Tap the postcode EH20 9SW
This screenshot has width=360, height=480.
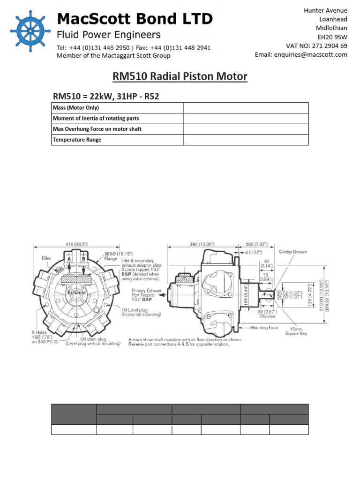(x=332, y=37)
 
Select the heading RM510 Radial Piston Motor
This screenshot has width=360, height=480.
(x=180, y=76)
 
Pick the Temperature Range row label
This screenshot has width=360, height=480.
(x=77, y=140)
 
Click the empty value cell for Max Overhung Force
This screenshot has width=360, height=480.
(x=246, y=129)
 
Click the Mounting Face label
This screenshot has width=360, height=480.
(x=265, y=328)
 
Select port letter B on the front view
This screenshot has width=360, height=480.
(x=83, y=258)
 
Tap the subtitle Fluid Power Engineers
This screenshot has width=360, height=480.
(x=108, y=35)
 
